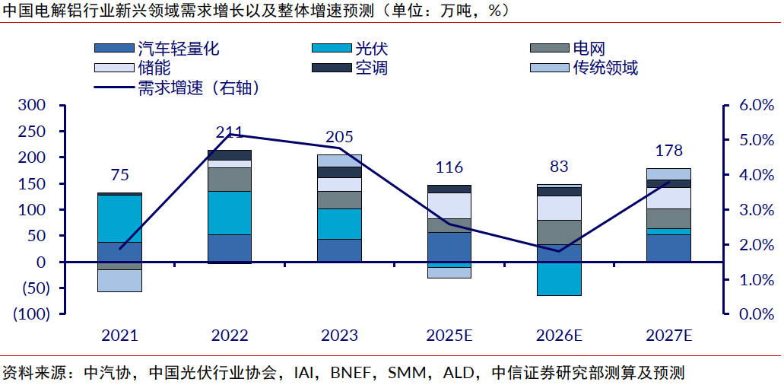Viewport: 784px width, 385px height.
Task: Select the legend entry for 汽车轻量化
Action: (178, 49)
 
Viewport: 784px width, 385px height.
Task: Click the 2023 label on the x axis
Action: (339, 335)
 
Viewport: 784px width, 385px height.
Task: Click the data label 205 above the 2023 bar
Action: (339, 137)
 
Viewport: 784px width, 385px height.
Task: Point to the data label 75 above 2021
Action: (119, 175)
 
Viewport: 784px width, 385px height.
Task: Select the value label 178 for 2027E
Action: (668, 150)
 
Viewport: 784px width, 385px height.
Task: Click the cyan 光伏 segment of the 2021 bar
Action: (119, 218)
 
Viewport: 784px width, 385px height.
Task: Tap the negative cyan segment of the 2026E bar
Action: (559, 278)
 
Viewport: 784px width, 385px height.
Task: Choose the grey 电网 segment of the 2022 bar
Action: (230, 179)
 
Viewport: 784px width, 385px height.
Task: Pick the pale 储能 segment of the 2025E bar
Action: (449, 205)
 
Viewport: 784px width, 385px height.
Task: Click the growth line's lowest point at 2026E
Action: (559, 251)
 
